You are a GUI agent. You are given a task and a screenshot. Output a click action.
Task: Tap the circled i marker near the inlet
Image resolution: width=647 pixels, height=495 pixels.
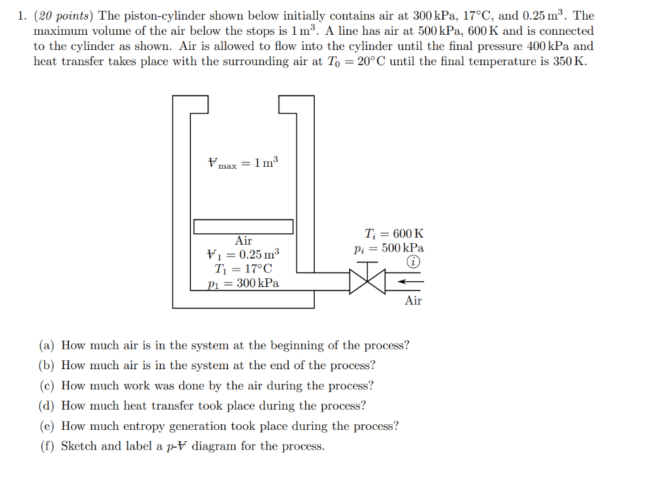(413, 262)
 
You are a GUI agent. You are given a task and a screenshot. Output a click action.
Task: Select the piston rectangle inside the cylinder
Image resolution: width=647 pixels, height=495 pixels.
(243, 226)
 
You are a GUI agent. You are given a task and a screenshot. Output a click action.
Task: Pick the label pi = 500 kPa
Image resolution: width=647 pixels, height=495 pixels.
(389, 248)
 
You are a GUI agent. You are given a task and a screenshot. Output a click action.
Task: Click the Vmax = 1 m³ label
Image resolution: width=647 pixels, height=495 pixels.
(243, 163)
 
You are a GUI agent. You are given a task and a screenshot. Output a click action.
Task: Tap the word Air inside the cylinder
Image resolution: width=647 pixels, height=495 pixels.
(243, 241)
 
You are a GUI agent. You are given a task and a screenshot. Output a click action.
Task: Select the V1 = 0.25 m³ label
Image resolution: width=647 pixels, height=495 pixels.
(243, 255)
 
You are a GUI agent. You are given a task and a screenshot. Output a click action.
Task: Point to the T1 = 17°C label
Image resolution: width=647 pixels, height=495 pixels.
(243, 269)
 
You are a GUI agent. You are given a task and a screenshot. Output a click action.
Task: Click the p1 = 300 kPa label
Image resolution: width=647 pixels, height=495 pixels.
(243, 283)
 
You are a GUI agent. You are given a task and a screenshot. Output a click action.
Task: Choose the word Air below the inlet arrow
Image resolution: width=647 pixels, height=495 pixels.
(413, 301)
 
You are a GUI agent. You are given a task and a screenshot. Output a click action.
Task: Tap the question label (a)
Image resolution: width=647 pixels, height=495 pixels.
(47, 345)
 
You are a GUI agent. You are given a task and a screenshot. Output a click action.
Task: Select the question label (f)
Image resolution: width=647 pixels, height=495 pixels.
(46, 446)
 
